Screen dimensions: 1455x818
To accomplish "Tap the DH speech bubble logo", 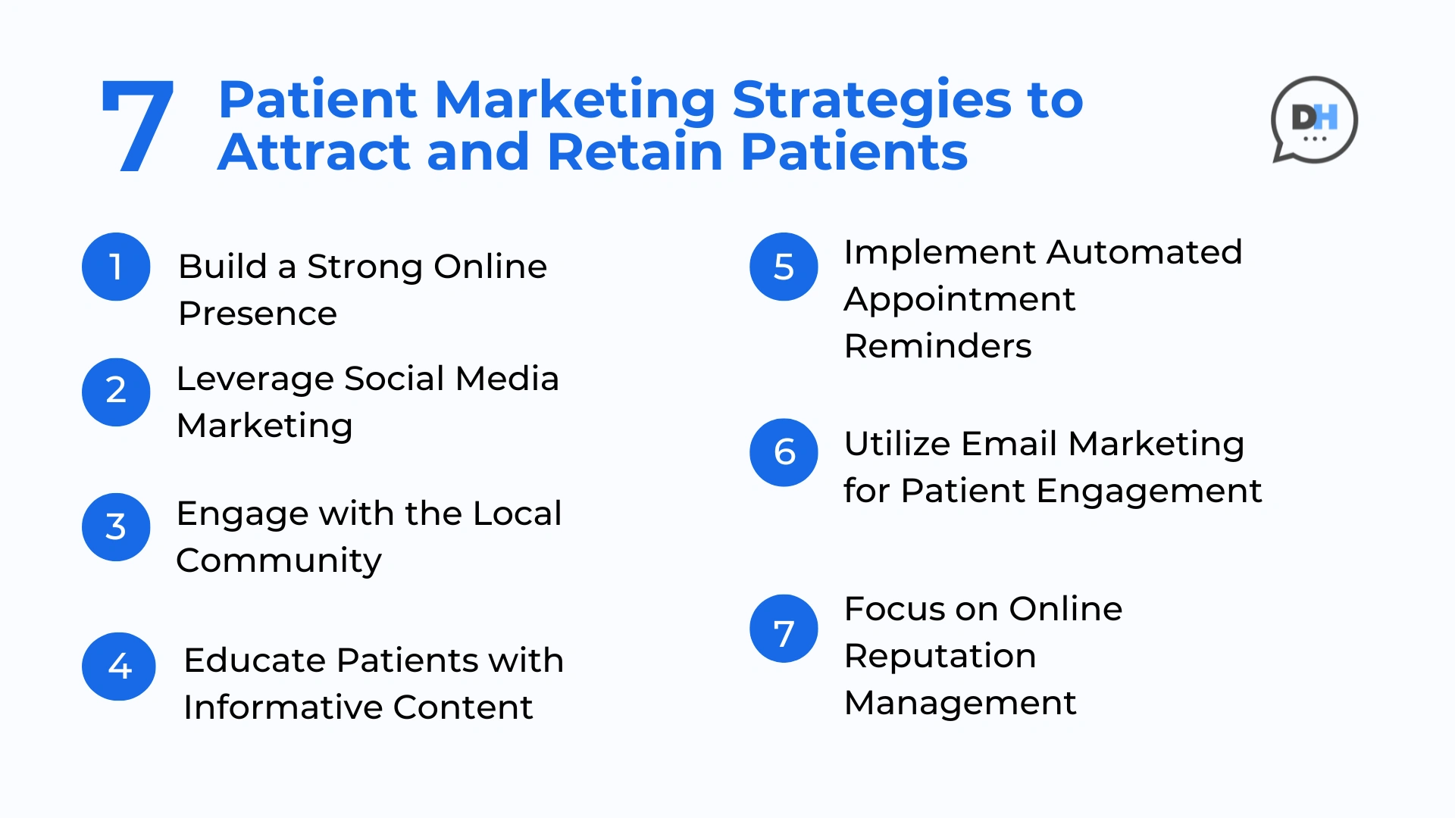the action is point(1314,120).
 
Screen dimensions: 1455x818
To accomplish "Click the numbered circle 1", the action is point(116,267).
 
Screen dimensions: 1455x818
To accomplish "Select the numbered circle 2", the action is point(116,392).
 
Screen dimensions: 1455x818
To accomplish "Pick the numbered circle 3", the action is point(116,527).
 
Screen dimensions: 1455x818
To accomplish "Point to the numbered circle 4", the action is point(119,667).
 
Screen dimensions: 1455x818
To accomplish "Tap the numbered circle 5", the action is point(784,267).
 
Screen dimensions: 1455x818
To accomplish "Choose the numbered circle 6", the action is point(784,452).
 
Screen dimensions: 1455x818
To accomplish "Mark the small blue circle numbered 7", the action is point(784,629).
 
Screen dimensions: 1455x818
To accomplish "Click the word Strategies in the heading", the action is point(871,101).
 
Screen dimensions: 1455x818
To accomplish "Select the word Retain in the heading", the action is point(635,151).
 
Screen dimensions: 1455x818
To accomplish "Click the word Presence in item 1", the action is point(258,314).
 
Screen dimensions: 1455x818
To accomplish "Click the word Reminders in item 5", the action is point(937,346).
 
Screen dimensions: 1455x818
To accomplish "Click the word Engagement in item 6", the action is point(1149,492).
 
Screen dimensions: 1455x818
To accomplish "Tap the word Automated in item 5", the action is point(1145,252).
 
